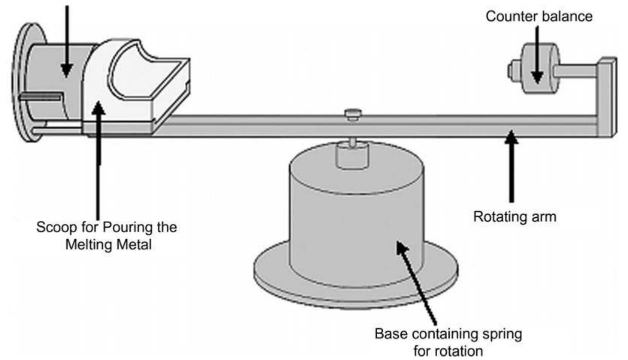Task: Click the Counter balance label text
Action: click(x=540, y=16)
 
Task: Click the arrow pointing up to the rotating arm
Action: click(x=511, y=165)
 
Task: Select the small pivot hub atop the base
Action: click(x=353, y=156)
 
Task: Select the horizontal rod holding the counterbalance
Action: click(x=577, y=70)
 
